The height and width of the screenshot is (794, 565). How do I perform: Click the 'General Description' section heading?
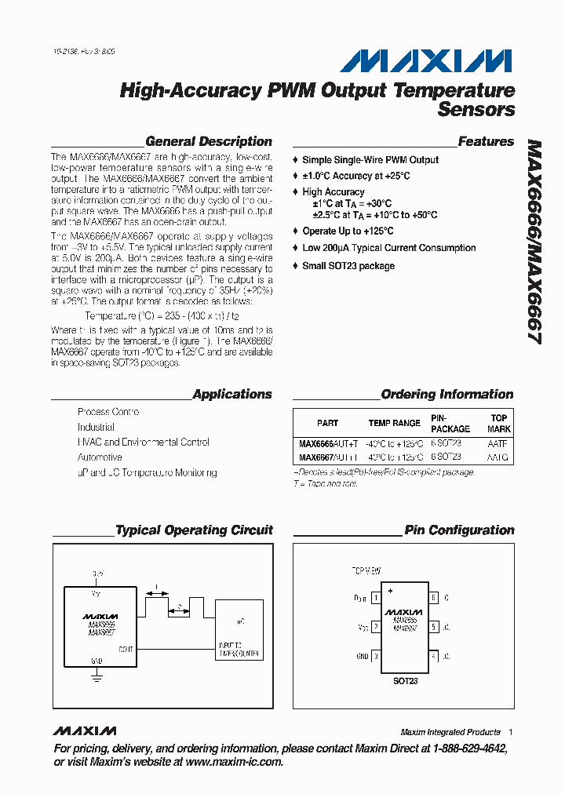(x=209, y=142)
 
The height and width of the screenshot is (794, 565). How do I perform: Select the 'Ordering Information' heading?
(x=447, y=395)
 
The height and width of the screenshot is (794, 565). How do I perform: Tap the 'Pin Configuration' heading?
(x=459, y=530)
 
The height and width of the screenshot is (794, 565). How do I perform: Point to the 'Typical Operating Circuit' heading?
(x=194, y=530)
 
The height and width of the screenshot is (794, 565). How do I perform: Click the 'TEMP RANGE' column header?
(x=394, y=423)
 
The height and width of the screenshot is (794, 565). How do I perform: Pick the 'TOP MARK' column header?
(x=498, y=424)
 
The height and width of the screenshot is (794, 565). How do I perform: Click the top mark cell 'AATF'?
(x=497, y=443)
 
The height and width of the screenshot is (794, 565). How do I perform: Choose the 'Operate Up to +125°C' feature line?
(x=348, y=231)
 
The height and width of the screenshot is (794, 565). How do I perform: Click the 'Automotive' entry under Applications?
(x=100, y=457)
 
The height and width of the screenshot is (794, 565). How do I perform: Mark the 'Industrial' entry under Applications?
(x=96, y=428)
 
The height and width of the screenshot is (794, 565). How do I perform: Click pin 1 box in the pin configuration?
(x=376, y=598)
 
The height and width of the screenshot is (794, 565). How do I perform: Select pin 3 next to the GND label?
(x=376, y=656)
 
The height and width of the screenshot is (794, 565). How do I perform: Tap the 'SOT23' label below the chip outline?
(x=405, y=681)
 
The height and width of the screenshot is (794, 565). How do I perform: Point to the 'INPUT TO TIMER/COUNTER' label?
(x=239, y=649)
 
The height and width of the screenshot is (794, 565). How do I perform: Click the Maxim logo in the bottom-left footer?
(x=85, y=731)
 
